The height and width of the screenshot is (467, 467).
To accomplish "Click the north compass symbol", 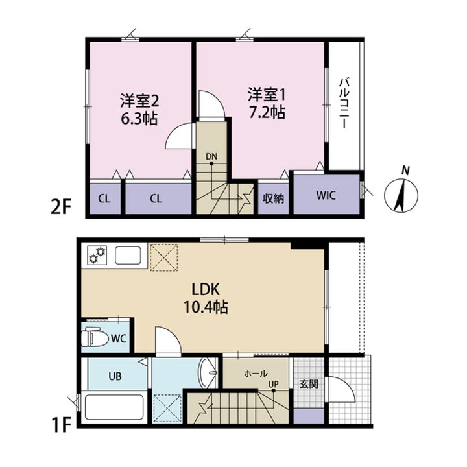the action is pyautogui.click(x=401, y=195).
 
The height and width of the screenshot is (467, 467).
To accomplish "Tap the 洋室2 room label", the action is pyautogui.click(x=139, y=101).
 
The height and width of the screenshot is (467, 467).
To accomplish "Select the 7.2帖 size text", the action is pyautogui.click(x=267, y=113).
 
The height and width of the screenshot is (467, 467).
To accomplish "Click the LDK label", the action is pyautogui.click(x=206, y=289).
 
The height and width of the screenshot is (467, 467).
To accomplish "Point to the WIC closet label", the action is pyautogui.click(x=326, y=195).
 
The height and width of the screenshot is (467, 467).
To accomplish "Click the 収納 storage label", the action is pyautogui.click(x=273, y=198).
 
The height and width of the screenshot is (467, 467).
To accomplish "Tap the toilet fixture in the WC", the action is pyautogui.click(x=95, y=337).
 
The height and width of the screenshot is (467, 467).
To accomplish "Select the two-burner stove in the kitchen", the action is pyautogui.click(x=97, y=255).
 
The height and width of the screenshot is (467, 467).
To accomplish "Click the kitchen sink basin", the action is pyautogui.click(x=128, y=256).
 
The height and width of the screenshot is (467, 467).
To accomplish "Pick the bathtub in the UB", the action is pyautogui.click(x=113, y=407).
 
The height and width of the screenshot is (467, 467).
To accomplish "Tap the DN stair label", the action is pyautogui.click(x=211, y=156).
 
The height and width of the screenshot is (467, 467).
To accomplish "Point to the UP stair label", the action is pyautogui.click(x=274, y=384).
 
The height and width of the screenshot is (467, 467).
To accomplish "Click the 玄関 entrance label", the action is pyautogui.click(x=309, y=384).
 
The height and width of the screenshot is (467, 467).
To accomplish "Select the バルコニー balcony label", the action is pyautogui.click(x=344, y=103).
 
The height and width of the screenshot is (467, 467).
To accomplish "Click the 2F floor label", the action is pyautogui.click(x=61, y=208).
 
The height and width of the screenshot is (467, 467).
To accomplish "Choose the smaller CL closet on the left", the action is pyautogui.click(x=104, y=198).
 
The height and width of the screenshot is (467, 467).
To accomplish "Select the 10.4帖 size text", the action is pyautogui.click(x=206, y=307).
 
